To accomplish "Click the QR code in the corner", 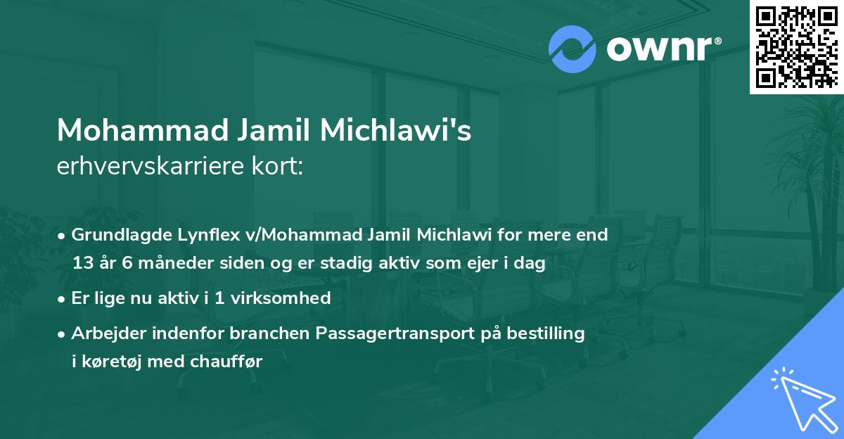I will pos(797,46).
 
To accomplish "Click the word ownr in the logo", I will pos(662,49).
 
